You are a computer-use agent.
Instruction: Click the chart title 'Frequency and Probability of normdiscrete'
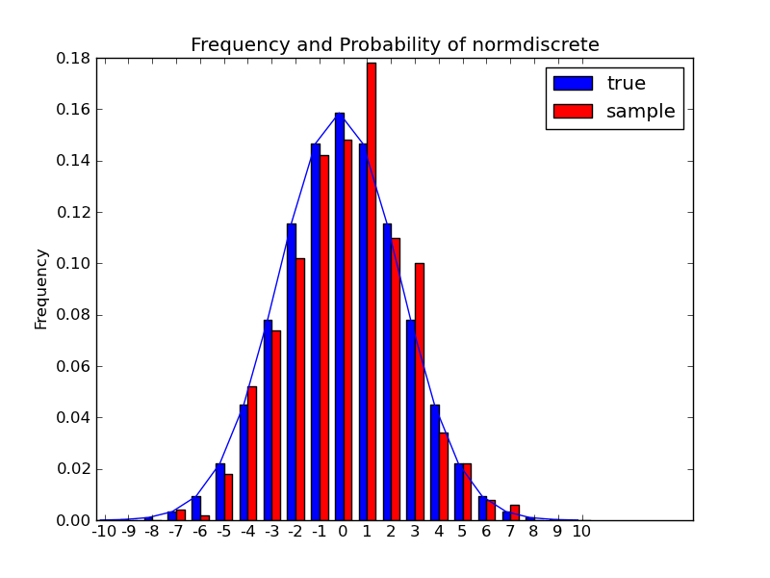tap(395, 45)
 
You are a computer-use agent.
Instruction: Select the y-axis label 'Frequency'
tap(41, 289)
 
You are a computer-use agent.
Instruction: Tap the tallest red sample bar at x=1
tap(372, 289)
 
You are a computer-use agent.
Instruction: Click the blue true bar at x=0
tap(339, 318)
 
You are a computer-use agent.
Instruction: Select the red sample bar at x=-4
tap(252, 453)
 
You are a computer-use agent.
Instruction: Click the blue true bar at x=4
tap(435, 462)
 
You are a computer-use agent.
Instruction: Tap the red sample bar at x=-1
tap(324, 337)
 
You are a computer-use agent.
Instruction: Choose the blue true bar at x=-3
tap(268, 420)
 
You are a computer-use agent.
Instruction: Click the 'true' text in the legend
tap(626, 84)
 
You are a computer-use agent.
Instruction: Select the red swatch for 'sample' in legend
tap(573, 111)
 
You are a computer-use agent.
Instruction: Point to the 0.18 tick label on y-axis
tap(73, 58)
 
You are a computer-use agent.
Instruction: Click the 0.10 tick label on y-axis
tap(73, 263)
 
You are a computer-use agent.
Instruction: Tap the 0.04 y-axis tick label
tap(73, 417)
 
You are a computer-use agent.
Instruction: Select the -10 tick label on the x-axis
tap(104, 532)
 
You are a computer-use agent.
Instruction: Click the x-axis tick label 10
tap(581, 532)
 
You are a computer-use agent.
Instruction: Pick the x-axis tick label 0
tap(343, 532)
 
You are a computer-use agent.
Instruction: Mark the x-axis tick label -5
tap(223, 532)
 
